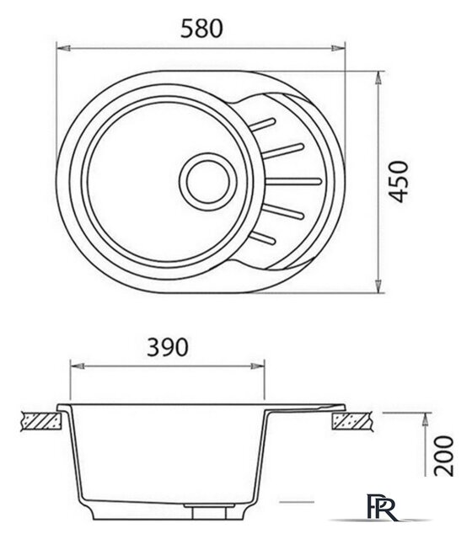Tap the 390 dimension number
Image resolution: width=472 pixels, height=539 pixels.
tap(169, 348)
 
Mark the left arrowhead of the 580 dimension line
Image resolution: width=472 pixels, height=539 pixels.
tap(62, 49)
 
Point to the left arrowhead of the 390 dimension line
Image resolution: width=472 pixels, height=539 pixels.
tap(73, 367)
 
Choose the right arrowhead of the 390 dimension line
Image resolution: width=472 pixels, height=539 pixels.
tap(264, 367)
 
